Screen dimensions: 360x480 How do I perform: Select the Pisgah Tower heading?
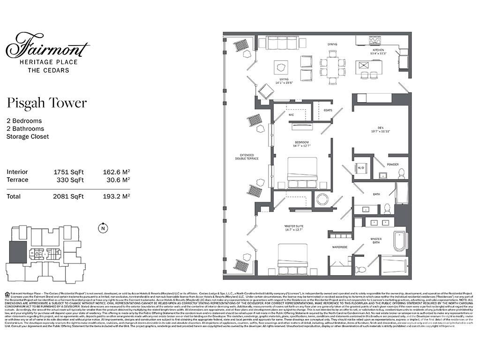[46, 103]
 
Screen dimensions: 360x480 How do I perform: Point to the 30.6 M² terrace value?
[116, 180]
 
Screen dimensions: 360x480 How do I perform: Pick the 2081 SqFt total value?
[68, 196]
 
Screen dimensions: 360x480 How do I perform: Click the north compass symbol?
[102, 229]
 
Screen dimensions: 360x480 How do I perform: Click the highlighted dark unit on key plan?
[18, 253]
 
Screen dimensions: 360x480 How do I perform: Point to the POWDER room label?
[392, 165]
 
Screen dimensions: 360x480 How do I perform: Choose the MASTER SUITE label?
[294, 228]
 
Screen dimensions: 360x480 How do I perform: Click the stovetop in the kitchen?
[375, 40]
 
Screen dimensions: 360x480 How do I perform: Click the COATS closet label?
[328, 111]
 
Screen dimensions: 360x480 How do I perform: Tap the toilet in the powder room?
[401, 173]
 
